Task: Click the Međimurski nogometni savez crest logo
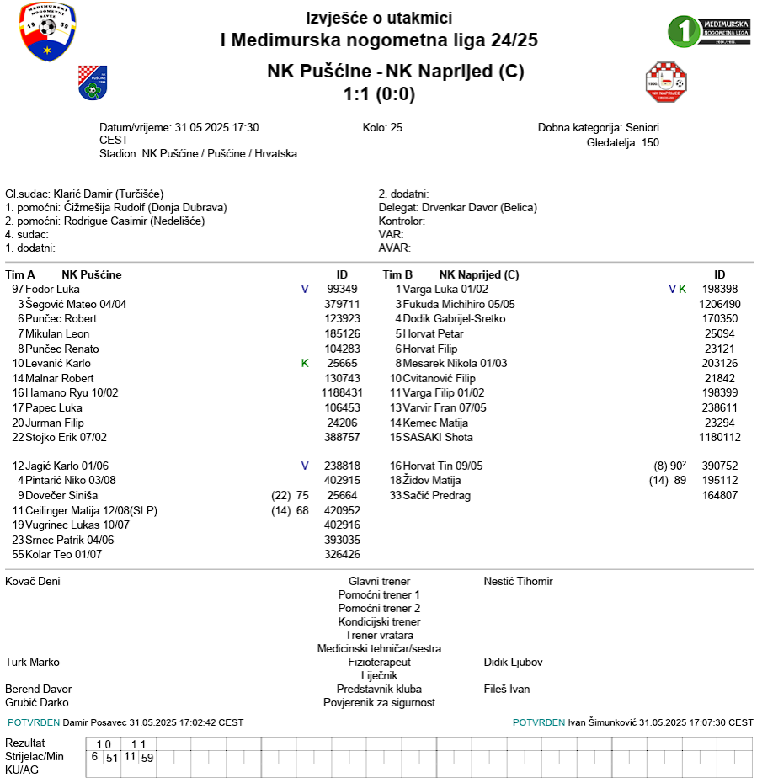(47, 32)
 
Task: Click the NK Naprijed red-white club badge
(665, 82)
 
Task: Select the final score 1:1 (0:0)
(379, 94)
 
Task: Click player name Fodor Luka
(52, 289)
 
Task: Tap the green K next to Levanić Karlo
(305, 363)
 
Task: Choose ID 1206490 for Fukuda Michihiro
(719, 304)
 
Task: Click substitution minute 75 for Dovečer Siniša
(303, 495)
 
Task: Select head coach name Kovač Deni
(33, 581)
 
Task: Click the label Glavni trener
(379, 581)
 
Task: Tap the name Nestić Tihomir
(518, 581)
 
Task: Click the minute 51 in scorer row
(111, 757)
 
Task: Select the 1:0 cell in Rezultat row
(104, 743)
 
